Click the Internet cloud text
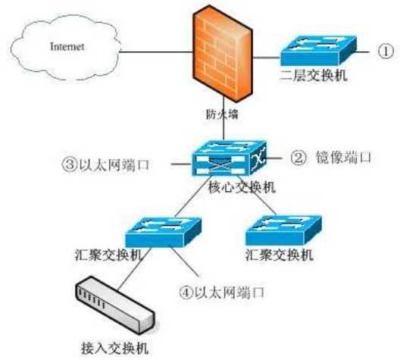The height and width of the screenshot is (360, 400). coord(67,46)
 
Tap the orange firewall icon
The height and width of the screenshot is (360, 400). coord(223,54)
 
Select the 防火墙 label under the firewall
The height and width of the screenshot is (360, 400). coord(222,114)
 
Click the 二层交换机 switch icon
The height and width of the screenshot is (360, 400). coord(318,51)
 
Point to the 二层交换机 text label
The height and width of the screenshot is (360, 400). coord(314,75)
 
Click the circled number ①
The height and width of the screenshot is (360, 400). coord(386,52)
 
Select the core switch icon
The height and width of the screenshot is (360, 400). coord(229,158)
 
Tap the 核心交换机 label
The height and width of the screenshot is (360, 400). coord(242,187)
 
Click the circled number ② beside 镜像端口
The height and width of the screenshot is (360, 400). coord(298,158)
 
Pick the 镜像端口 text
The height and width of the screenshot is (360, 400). coord(343,157)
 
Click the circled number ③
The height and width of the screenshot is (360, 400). coord(70,164)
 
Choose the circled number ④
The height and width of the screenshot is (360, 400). coord(186,293)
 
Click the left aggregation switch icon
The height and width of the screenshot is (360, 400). coord(164,232)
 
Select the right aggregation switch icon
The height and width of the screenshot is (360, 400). coord(283,230)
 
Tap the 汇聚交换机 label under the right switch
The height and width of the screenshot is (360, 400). coord(280,255)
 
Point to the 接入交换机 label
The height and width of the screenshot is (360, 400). coord(114,348)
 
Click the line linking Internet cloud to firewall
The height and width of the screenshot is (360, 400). coord(156,52)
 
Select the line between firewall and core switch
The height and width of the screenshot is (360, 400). coord(223,118)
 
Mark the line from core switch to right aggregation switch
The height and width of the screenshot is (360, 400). coord(256,195)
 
